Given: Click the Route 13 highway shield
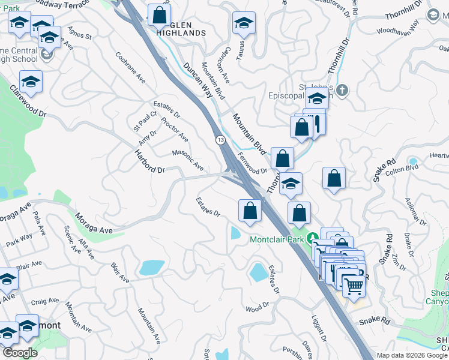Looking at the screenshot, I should (x=221, y=140).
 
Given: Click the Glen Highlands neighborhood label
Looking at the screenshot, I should (x=179, y=28).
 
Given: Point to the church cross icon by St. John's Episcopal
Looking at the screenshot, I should (x=342, y=91).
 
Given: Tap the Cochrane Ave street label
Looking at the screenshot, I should (x=131, y=67).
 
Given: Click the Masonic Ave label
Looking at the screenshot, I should (x=188, y=160).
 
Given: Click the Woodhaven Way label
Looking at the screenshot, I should (x=397, y=26).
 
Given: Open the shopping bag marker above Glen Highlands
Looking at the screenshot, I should (x=159, y=16).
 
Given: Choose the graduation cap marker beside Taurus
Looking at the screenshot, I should (x=244, y=23).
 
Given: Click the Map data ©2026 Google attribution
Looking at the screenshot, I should (x=412, y=355).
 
